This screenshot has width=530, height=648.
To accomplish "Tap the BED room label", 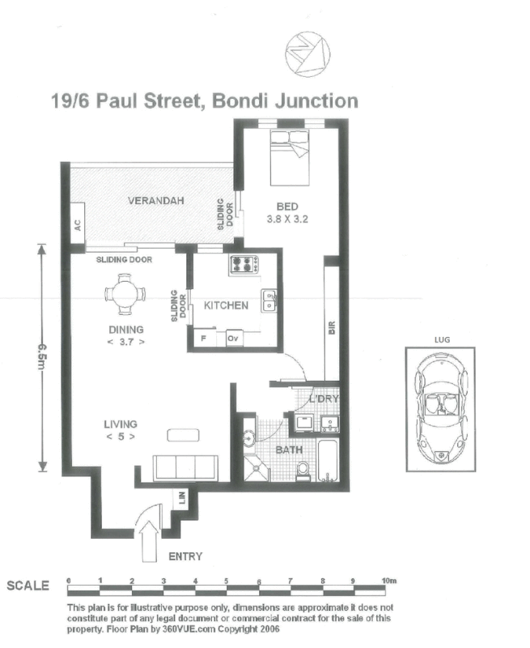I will [x=287, y=207].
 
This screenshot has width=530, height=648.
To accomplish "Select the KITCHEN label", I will [x=226, y=305].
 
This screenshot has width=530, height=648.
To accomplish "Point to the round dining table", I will [x=125, y=293].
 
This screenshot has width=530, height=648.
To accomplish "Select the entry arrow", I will [x=151, y=539].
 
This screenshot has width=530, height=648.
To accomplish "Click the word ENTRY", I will [x=184, y=556].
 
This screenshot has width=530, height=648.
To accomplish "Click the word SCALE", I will [x=28, y=586].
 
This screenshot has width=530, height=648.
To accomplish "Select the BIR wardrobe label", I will [x=331, y=328].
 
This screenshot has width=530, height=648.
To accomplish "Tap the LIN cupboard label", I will [x=180, y=501].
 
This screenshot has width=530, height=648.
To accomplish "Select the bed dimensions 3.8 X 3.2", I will [x=287, y=219].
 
